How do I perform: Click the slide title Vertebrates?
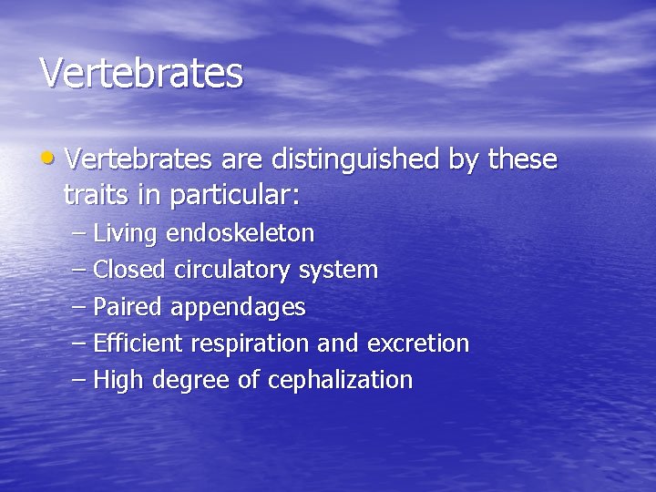coord(141,73)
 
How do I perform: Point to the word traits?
coord(94,194)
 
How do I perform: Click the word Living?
coord(125,234)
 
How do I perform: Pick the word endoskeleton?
coord(240,234)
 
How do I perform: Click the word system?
coord(338,271)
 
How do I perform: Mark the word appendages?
coord(238,308)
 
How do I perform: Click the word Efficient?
coord(138,343)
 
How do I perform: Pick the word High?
coord(119,380)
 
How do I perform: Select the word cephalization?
coord(340,380)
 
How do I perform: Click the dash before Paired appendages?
coord(78,307)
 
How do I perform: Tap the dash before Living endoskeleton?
coord(78,234)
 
